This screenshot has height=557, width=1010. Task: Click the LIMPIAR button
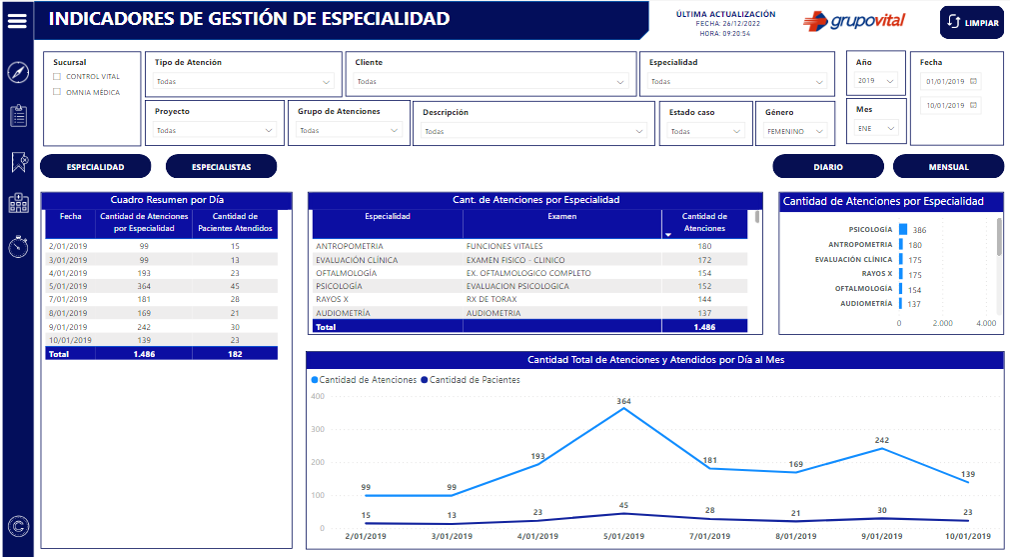point(971,23)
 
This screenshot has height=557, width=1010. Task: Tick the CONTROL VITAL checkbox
point(58,77)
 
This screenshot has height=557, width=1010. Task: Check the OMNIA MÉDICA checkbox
point(58,93)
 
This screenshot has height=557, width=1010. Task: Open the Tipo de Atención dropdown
point(243,82)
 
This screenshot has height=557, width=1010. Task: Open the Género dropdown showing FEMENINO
point(794,131)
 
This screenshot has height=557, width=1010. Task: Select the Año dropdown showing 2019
point(876,81)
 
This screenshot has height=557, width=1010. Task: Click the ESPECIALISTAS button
point(221,167)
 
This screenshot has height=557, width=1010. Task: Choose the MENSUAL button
point(948,167)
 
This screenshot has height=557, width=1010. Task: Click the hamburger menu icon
point(17,21)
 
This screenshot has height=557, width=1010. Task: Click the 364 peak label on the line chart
point(623,401)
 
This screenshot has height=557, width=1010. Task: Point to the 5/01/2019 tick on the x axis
point(623,536)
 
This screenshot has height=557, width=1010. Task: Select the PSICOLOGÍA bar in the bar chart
point(903,230)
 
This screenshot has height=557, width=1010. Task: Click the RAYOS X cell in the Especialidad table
point(333,299)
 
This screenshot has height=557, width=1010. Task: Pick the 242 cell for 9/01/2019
point(144,326)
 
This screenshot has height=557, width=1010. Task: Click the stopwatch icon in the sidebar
point(18,247)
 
